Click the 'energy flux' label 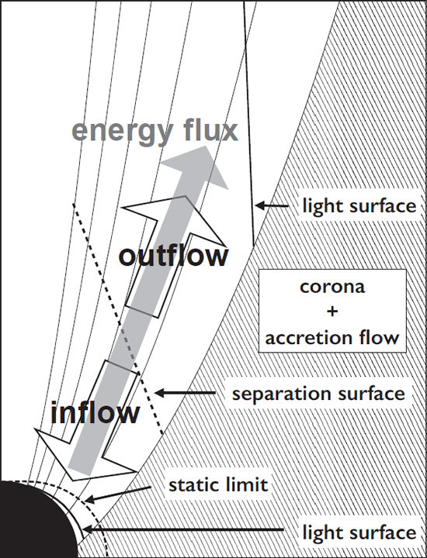(154, 133)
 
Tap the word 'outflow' (173, 256)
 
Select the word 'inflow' (95, 413)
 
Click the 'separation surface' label (318, 394)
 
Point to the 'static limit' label (218, 484)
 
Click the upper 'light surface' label (359, 205)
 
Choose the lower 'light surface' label (359, 532)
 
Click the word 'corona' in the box (332, 287)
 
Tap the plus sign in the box (332, 312)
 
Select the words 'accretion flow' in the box (332, 337)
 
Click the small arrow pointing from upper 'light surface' (272, 205)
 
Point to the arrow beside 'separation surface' (186, 393)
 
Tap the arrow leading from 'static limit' (118, 494)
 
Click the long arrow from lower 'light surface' (183, 530)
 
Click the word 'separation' (282, 394)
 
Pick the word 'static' (191, 484)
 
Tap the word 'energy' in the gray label (123, 134)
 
